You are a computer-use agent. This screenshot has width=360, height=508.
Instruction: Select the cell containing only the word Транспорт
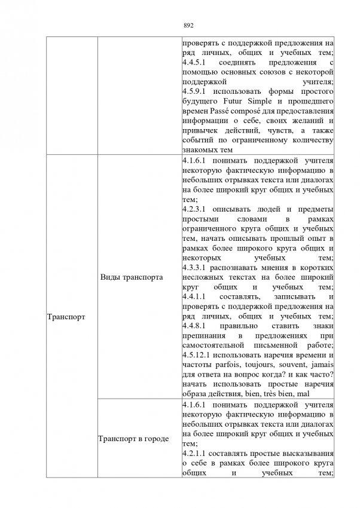click(66, 317)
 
